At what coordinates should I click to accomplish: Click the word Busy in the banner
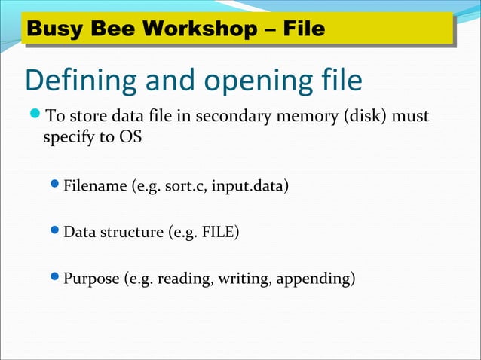pyautogui.click(x=54, y=29)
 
